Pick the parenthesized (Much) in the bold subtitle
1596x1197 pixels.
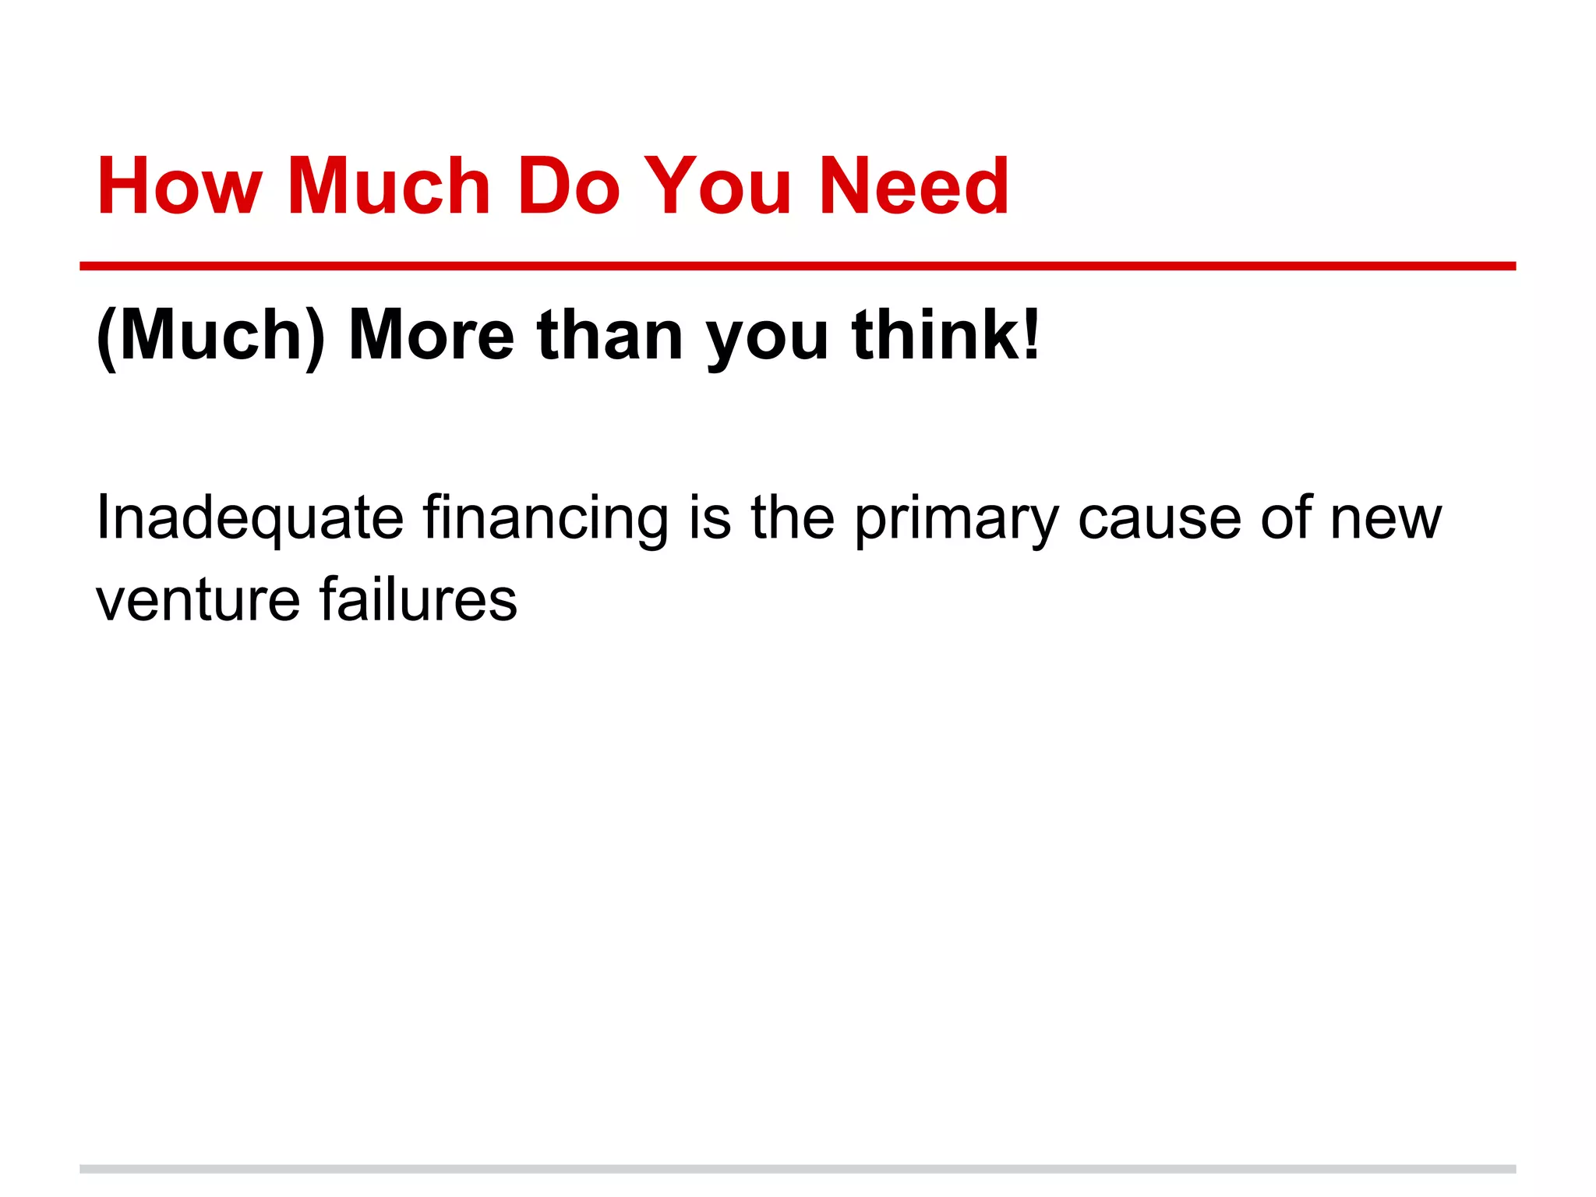tap(210, 335)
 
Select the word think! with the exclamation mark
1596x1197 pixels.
tap(946, 335)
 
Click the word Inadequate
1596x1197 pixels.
tap(249, 517)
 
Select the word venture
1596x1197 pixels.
tap(198, 600)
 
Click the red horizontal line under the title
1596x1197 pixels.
tap(797, 267)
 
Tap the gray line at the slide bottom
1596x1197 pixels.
tap(797, 1169)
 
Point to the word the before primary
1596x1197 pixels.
tap(793, 517)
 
